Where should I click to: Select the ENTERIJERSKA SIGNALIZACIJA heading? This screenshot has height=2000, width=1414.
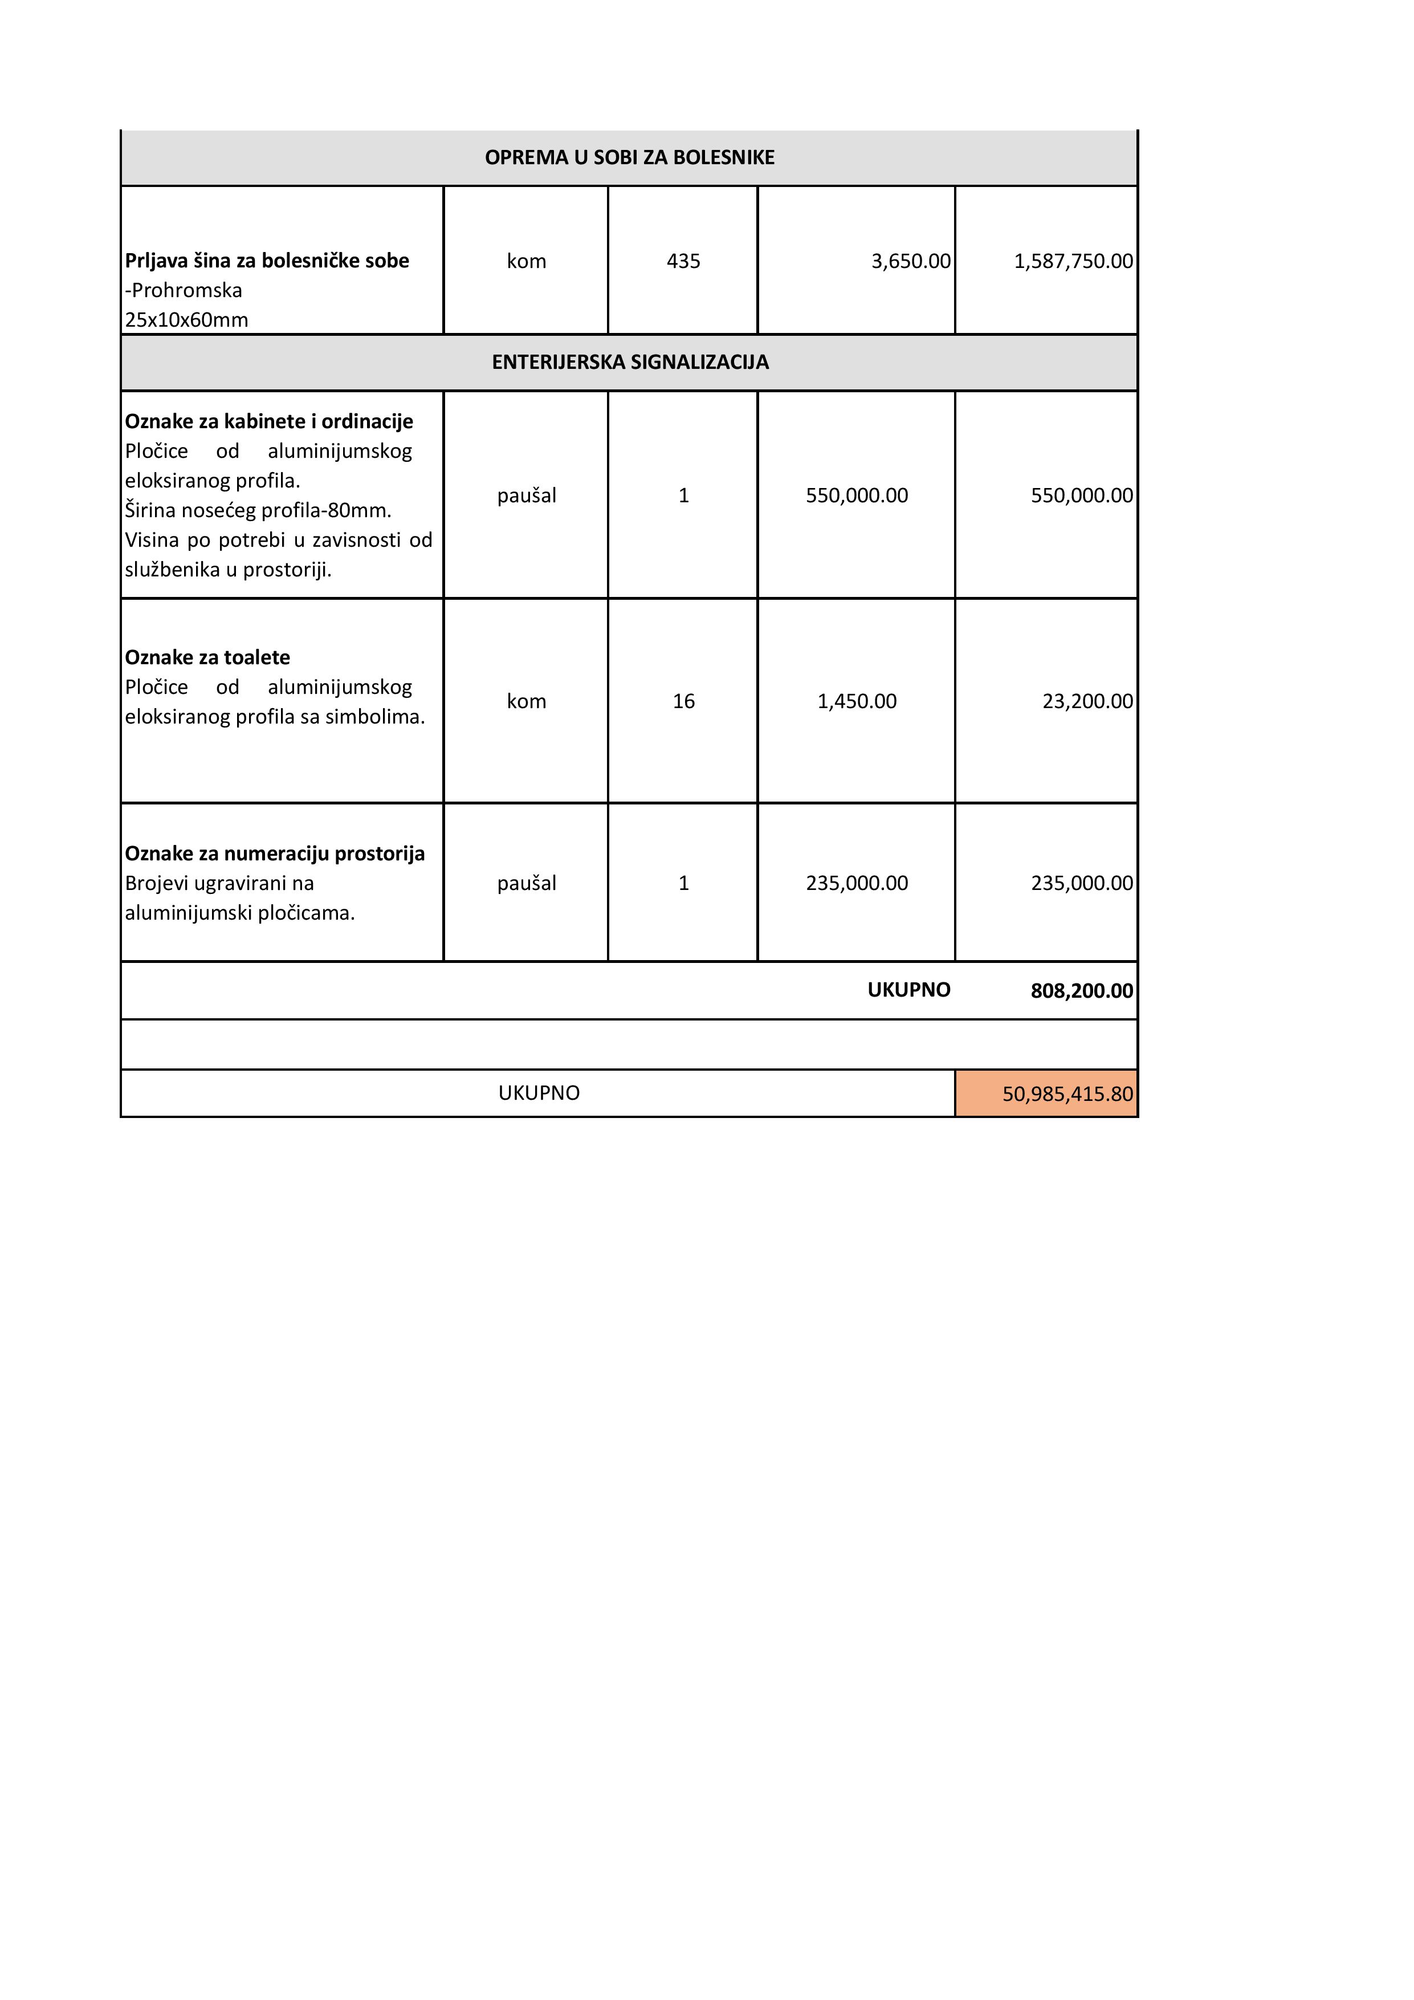(x=630, y=363)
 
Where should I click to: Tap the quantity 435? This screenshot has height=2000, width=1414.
(x=683, y=261)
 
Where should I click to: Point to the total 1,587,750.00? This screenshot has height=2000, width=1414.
(x=1073, y=261)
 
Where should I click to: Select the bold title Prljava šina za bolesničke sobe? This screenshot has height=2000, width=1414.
(x=266, y=261)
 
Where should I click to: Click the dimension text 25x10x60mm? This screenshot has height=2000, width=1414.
(x=186, y=320)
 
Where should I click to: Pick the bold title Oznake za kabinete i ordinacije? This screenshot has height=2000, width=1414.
(x=268, y=421)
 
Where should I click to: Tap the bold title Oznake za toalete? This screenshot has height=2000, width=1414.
(x=207, y=658)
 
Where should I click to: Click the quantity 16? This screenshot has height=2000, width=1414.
(x=683, y=701)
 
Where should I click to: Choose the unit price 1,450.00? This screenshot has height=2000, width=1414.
(x=857, y=701)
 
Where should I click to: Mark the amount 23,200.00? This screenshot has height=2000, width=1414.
(x=1087, y=701)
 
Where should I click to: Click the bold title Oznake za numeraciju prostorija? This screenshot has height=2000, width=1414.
(x=274, y=853)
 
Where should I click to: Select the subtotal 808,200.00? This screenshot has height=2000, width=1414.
(x=1081, y=990)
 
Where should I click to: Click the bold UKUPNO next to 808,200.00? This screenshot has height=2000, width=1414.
(x=908, y=990)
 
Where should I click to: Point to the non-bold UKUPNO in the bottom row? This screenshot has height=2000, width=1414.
(x=539, y=1093)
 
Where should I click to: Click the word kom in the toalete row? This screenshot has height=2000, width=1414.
(x=526, y=701)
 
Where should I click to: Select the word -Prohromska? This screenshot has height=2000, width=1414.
(x=183, y=290)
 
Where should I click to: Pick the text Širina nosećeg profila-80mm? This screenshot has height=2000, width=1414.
(x=258, y=510)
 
